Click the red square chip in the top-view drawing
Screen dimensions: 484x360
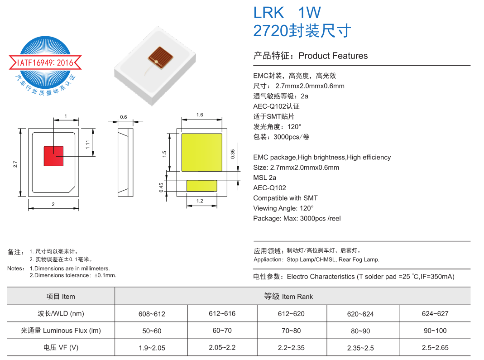click(x=53, y=156)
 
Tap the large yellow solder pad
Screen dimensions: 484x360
click(x=202, y=152)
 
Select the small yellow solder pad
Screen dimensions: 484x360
click(x=202, y=186)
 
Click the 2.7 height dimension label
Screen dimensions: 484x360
click(x=15, y=164)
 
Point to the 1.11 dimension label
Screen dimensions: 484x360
click(x=88, y=144)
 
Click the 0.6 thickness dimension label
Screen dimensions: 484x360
click(x=124, y=117)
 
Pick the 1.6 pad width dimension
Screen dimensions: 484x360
click(x=200, y=115)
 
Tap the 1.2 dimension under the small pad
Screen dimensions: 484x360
click(x=200, y=201)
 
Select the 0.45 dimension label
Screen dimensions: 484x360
click(x=161, y=187)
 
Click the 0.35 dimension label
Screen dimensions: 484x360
click(x=233, y=154)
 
